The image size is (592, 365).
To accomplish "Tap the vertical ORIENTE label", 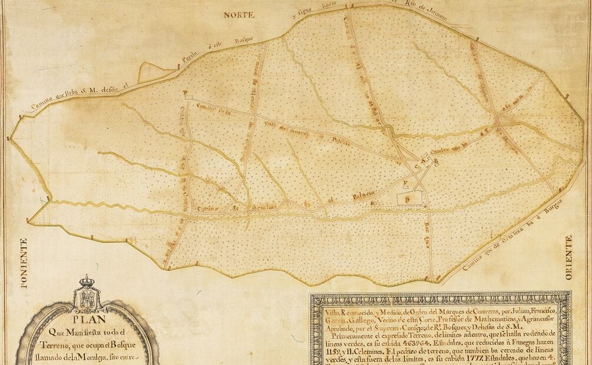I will pyautogui.click(x=568, y=257).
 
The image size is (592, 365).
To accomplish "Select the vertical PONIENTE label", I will pyautogui.click(x=24, y=263).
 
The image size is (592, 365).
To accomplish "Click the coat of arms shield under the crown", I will pyautogui.click(x=88, y=298).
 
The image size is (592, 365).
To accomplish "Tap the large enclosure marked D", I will pyautogui.click(x=412, y=198).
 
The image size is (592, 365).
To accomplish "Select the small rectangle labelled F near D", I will pyautogui.click(x=406, y=184).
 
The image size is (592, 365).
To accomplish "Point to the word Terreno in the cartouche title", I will pyautogui.click(x=57, y=344).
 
